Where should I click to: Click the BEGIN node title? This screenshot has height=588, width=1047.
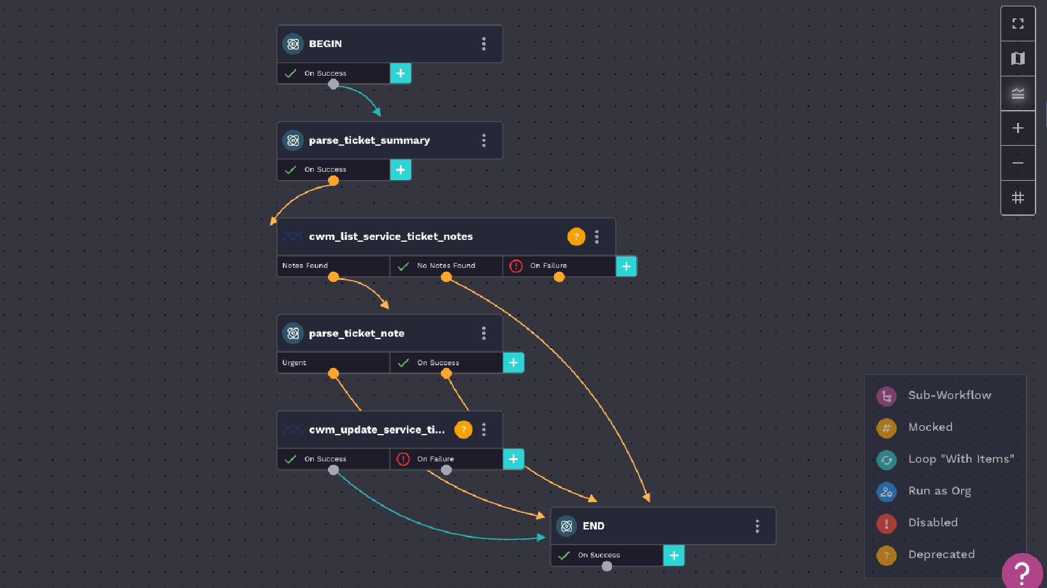[325, 44]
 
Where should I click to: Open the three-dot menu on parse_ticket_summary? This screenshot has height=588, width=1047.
[484, 140]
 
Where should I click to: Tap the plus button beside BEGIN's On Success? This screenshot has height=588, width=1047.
[401, 73]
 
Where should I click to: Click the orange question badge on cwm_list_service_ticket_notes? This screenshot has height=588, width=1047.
[576, 236]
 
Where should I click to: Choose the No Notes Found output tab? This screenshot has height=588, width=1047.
[446, 266]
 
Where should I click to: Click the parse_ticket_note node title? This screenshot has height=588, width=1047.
[357, 333]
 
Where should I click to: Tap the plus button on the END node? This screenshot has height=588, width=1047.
[674, 556]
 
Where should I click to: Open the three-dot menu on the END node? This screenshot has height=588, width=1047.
[757, 526]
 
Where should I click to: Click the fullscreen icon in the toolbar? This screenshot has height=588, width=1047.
[1018, 24]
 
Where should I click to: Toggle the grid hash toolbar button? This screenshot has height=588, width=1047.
[1018, 198]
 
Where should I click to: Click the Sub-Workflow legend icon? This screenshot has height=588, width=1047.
[887, 396]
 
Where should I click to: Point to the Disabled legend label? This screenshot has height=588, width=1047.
[932, 522]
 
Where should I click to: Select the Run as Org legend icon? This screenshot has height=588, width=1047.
[887, 491]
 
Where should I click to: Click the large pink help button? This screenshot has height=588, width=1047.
[1022, 571]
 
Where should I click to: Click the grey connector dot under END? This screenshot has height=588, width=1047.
[607, 566]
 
